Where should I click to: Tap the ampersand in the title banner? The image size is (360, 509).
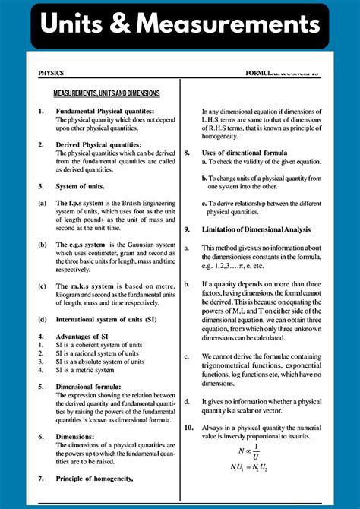tap(138, 26)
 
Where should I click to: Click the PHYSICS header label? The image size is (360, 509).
tap(51, 74)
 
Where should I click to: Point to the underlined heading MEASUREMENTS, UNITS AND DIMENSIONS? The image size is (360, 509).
tap(106, 93)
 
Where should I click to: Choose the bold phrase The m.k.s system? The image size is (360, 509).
tap(86, 286)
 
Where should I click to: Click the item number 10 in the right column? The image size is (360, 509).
tap(189, 428)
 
